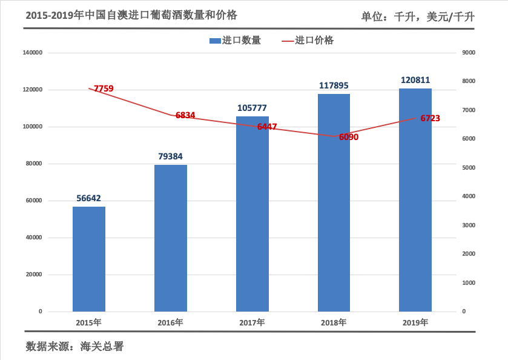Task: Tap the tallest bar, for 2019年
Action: click(415, 200)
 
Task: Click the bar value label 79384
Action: click(171, 156)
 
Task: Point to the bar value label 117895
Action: click(334, 85)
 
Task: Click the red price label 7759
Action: click(104, 88)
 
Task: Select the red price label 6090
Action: click(349, 137)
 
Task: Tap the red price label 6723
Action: click(430, 118)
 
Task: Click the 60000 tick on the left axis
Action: click(33, 201)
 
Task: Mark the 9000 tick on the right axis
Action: click(469, 53)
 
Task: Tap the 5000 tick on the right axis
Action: click(469, 168)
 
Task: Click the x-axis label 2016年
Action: click(170, 322)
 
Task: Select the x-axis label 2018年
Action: click(334, 322)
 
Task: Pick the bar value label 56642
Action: click(89, 198)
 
